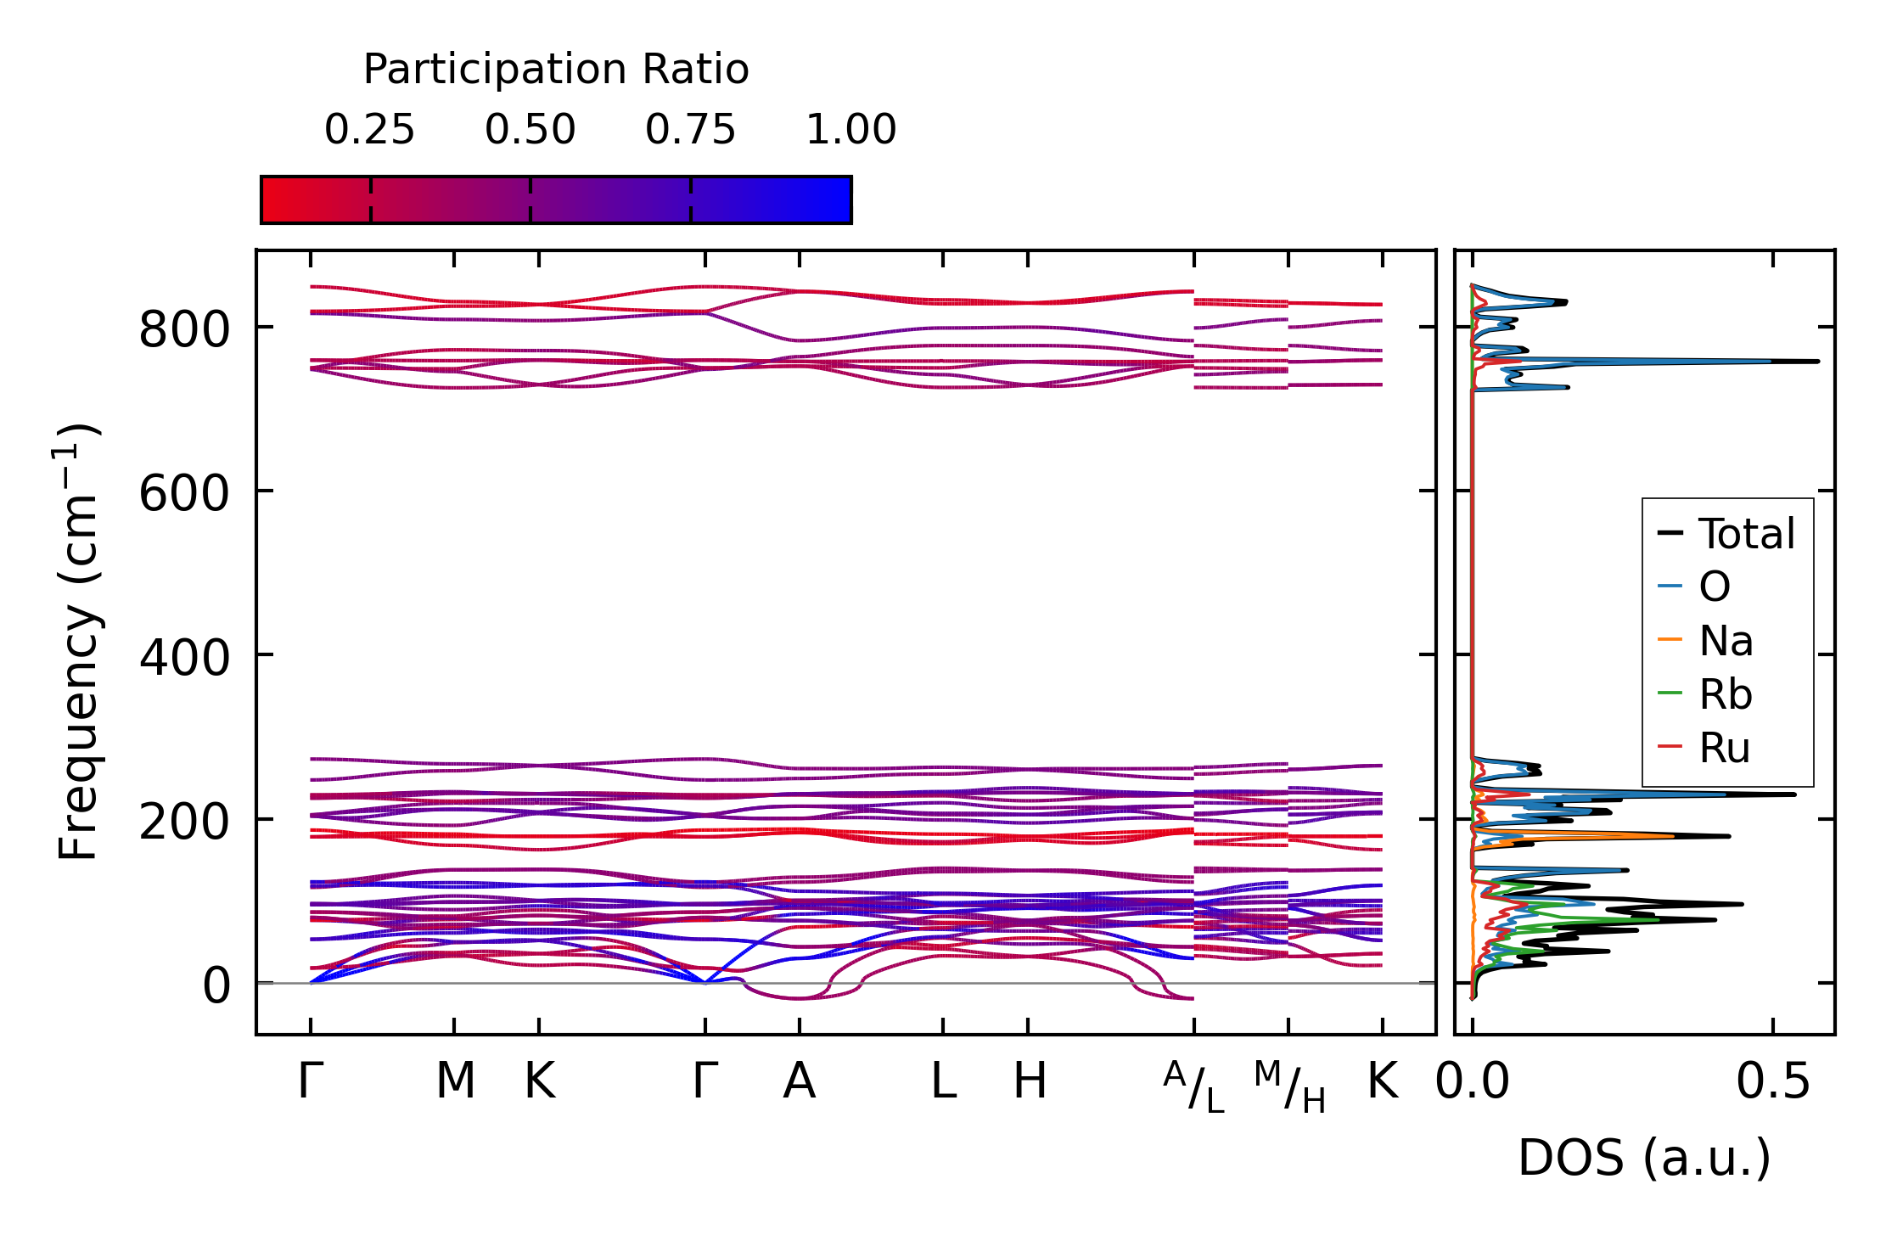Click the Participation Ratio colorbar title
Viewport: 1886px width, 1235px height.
coord(556,70)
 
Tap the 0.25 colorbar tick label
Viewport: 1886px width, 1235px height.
coord(369,130)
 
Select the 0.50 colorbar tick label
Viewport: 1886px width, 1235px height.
coord(530,130)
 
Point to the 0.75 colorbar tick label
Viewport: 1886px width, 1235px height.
coord(690,130)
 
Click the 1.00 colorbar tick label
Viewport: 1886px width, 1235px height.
coord(850,130)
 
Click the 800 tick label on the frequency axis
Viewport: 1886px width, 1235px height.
coord(184,329)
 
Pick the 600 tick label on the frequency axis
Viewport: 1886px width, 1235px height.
coord(184,493)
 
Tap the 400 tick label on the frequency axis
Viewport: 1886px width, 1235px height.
coord(184,657)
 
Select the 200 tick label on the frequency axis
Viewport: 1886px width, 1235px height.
coord(184,822)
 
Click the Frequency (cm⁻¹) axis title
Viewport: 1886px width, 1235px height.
coord(78,642)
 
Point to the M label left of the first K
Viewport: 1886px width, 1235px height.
coord(455,1081)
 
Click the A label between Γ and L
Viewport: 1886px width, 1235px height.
coord(800,1081)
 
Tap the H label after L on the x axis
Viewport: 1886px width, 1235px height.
coord(1030,1081)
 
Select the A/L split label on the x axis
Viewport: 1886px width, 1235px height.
coord(1194,1086)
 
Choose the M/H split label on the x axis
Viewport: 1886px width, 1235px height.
coord(1289,1086)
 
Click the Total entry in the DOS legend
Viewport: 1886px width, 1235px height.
coord(1726,534)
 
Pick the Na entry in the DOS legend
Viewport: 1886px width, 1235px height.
coord(1705,641)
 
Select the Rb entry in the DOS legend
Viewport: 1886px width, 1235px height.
coord(1705,694)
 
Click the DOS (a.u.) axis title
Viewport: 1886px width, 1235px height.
coord(1644,1159)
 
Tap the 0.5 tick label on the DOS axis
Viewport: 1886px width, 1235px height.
coord(1772,1082)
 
